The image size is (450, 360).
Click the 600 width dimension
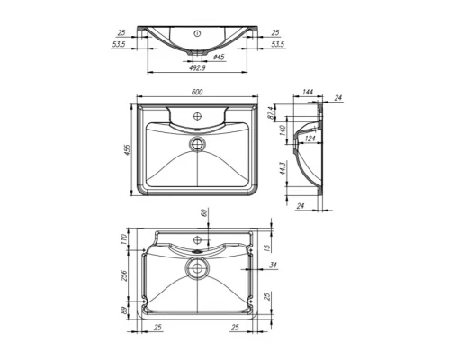[198, 93]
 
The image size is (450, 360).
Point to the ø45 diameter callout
[218, 58]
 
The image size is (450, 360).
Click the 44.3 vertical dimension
[283, 169]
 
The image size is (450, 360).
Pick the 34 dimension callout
[273, 266]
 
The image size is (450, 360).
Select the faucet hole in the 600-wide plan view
[198, 118]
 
